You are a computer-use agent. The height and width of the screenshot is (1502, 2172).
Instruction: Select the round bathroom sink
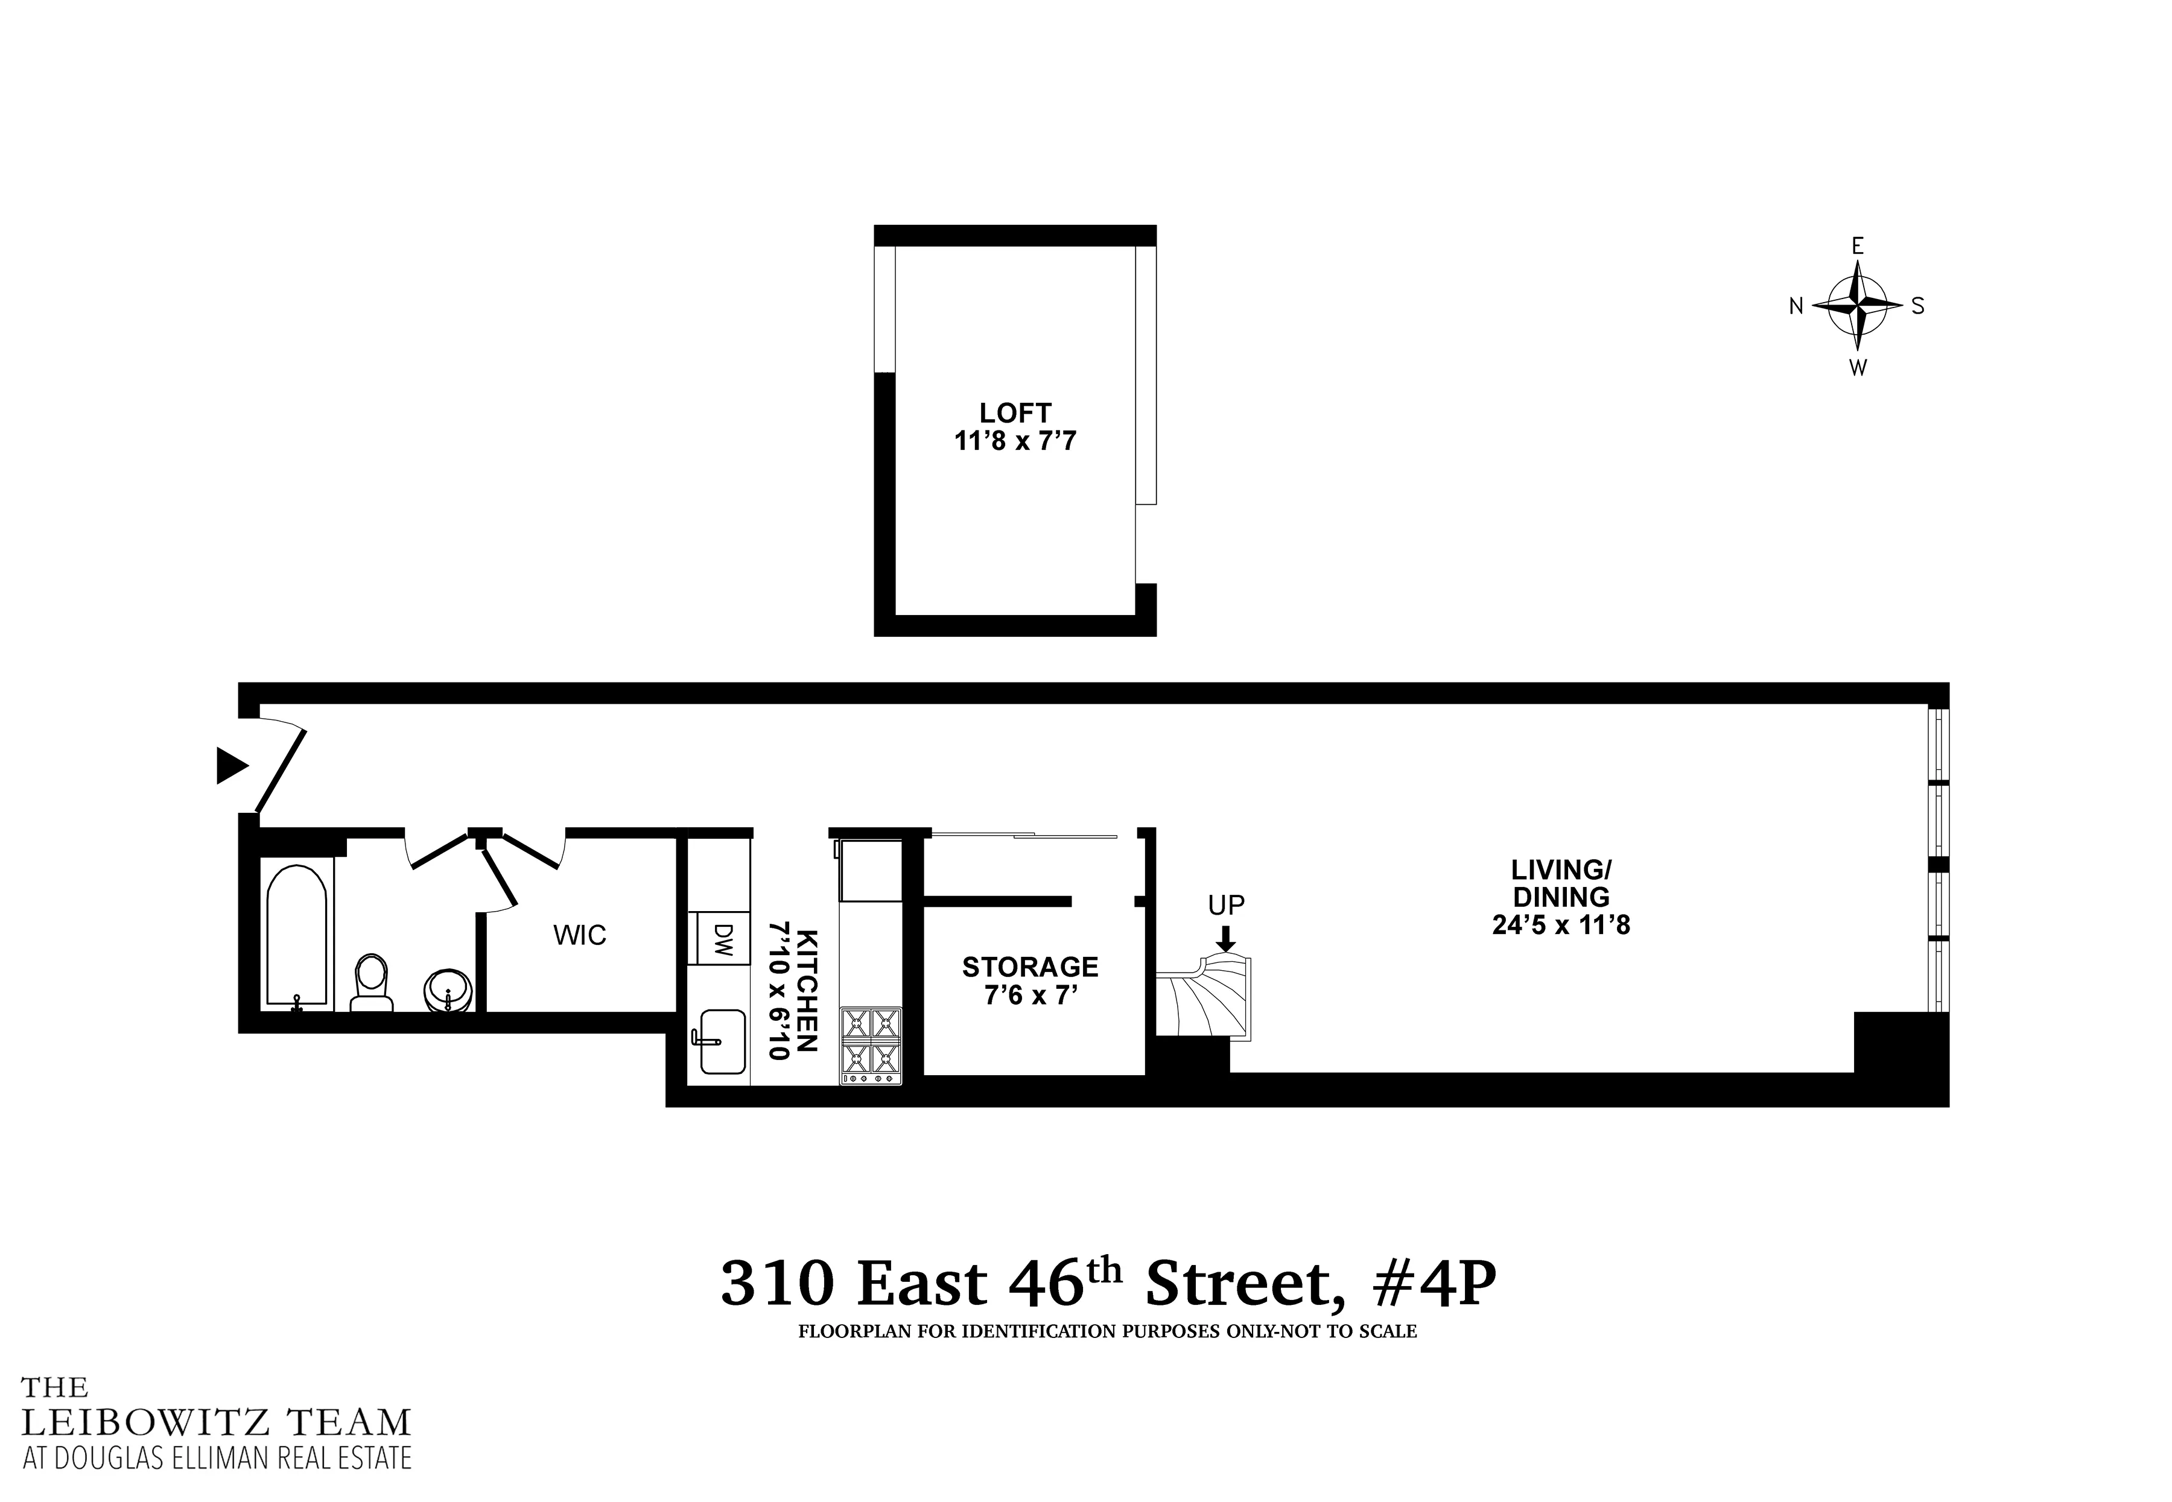pos(448,989)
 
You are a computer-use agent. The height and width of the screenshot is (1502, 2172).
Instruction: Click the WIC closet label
pos(579,935)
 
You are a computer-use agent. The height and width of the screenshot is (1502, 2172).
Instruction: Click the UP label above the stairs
pos(1226,905)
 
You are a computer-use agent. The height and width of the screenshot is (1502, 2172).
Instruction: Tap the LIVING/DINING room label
pos(1561,897)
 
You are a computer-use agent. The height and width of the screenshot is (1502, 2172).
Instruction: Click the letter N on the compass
pos(1796,306)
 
